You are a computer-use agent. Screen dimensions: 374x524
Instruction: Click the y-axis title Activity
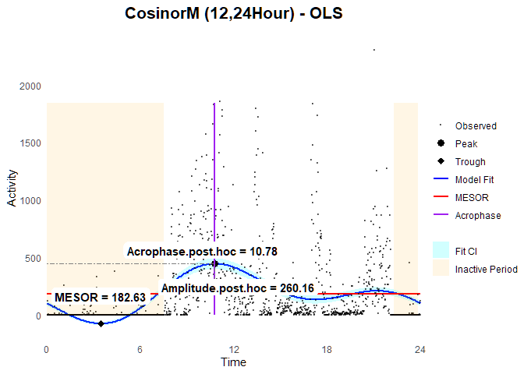click(12, 209)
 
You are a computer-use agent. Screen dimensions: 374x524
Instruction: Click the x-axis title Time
click(233, 362)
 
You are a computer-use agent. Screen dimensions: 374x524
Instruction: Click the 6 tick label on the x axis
click(140, 348)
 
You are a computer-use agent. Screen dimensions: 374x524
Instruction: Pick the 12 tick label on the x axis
click(233, 348)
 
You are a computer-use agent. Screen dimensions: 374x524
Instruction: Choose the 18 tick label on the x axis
click(327, 348)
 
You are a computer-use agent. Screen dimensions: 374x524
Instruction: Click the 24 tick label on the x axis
click(420, 348)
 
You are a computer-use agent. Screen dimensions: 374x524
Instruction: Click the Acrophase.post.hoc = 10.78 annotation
click(202, 251)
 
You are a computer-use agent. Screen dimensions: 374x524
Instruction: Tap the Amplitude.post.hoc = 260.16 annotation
click(237, 288)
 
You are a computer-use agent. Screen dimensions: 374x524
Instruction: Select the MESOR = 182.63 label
click(100, 298)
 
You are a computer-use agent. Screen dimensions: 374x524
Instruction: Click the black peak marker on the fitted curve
click(214, 263)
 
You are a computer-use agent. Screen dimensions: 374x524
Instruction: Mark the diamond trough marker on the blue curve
click(101, 323)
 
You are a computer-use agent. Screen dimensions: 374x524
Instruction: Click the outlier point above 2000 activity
click(374, 50)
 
